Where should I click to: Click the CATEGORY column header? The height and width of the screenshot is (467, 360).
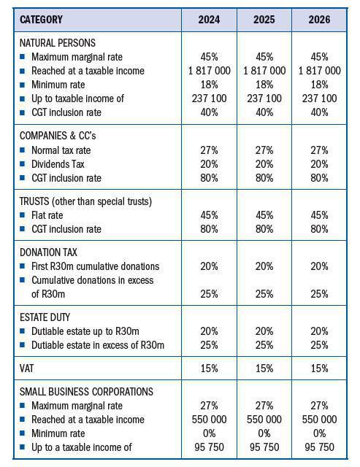pos(41,20)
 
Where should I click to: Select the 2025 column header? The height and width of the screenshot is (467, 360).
pos(264,20)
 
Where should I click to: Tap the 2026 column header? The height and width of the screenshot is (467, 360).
pos(319,20)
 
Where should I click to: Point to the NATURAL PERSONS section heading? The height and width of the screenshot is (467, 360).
pos(57,43)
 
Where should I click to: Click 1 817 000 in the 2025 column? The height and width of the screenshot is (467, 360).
pos(264,71)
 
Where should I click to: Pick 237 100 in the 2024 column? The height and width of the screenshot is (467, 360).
pos(209,99)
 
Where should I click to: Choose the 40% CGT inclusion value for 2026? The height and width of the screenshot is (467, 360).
pos(319,112)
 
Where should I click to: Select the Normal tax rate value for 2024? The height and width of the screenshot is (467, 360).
pos(209,150)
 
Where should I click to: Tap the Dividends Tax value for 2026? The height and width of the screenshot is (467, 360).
pos(319,164)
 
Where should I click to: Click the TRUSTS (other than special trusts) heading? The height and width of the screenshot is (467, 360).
pos(85,201)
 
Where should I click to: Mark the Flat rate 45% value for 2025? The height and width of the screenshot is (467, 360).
pos(264,215)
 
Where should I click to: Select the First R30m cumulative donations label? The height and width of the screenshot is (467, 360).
pos(95,266)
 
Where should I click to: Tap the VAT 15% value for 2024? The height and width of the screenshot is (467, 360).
pos(209,369)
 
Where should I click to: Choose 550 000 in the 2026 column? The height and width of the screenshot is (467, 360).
pos(319,420)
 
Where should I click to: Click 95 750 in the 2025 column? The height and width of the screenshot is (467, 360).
pos(264,447)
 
